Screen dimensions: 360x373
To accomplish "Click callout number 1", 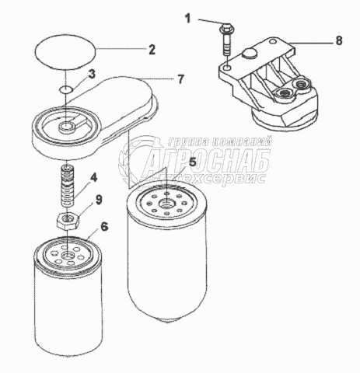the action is [x=187, y=19].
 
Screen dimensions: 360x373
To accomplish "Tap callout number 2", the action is [x=152, y=50].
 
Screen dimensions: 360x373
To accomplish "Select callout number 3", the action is [x=92, y=75].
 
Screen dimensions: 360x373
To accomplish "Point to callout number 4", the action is [x=93, y=179].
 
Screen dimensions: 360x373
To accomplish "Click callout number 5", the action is [x=193, y=162].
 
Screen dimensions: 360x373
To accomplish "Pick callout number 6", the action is [x=104, y=227].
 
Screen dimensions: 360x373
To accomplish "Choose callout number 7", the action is [x=180, y=79].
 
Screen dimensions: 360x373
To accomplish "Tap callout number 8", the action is [x=339, y=40].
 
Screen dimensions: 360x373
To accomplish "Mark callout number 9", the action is [x=99, y=200].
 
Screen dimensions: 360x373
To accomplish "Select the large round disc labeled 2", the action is [x=65, y=52].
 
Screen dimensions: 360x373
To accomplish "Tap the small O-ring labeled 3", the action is [x=65, y=89].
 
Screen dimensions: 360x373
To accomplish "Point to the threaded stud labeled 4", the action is [x=68, y=186].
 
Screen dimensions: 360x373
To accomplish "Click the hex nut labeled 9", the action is [x=68, y=221].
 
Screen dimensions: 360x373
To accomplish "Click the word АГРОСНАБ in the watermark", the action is [x=208, y=162].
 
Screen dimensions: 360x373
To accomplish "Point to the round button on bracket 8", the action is [x=250, y=54].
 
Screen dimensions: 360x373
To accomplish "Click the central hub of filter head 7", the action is [x=66, y=127].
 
